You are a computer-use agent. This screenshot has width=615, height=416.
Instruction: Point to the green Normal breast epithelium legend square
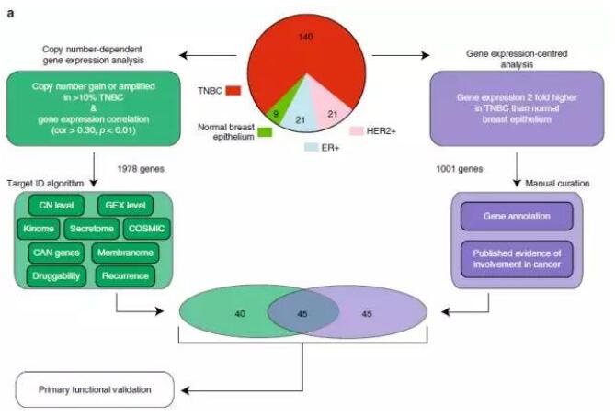point(264,131)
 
